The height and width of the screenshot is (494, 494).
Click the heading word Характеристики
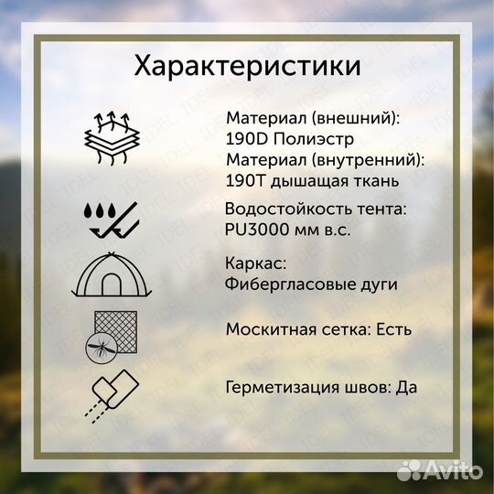(x=247, y=67)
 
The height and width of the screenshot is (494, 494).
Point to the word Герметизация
(x=280, y=386)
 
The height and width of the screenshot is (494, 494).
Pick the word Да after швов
(x=407, y=386)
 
